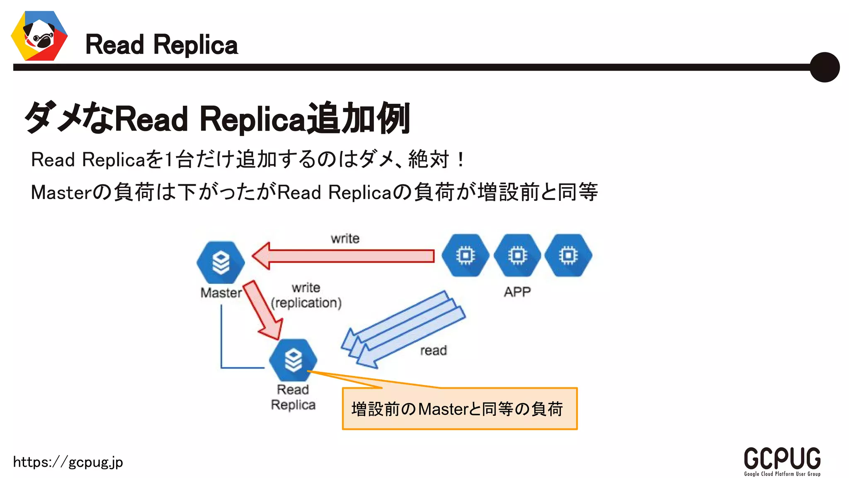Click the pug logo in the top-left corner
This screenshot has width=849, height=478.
pyautogui.click(x=39, y=36)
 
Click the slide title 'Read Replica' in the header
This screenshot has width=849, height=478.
pyautogui.click(x=161, y=45)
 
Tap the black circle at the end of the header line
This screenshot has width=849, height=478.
pyautogui.click(x=824, y=67)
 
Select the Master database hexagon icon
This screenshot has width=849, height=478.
pyautogui.click(x=221, y=262)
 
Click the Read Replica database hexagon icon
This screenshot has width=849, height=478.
pyautogui.click(x=293, y=360)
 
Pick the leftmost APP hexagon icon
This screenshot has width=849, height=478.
pyautogui.click(x=465, y=255)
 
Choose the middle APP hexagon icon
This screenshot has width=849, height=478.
pyautogui.click(x=517, y=255)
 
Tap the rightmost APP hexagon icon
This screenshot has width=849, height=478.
pyautogui.click(x=568, y=255)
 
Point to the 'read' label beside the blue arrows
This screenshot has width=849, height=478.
pyautogui.click(x=433, y=351)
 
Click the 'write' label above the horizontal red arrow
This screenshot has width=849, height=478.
pyautogui.click(x=345, y=239)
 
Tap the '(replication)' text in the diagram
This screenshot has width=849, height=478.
pyautogui.click(x=306, y=303)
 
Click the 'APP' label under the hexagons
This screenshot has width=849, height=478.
pyautogui.click(x=517, y=292)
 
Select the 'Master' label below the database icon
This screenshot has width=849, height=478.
pyautogui.click(x=221, y=293)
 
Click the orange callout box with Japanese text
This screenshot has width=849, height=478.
pyautogui.click(x=459, y=409)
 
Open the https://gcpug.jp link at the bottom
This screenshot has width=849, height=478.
pyautogui.click(x=68, y=462)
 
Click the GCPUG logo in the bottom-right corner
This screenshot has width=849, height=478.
pyautogui.click(x=782, y=461)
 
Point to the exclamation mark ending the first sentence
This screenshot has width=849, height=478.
pyautogui.click(x=460, y=159)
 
